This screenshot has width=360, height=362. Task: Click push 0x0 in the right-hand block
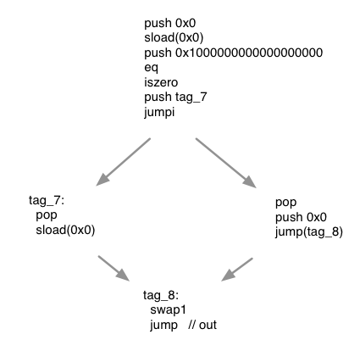[x=301, y=217]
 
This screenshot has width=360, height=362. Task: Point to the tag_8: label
[x=161, y=296]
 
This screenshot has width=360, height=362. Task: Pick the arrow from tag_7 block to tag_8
[x=114, y=267]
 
